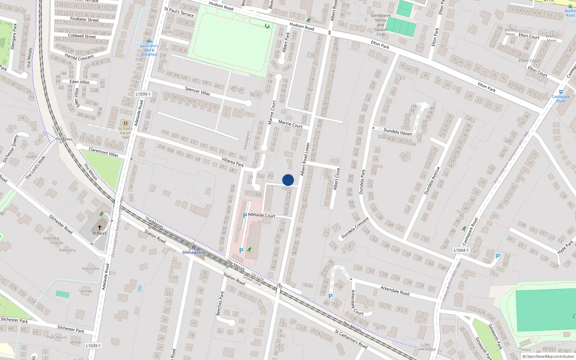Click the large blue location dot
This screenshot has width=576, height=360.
(288, 180)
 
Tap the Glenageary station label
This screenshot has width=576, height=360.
(193, 252)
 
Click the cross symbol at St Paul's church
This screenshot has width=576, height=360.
(100, 228)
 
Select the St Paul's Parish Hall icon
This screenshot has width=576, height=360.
(125, 123)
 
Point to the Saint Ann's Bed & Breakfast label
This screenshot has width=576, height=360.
(149, 50)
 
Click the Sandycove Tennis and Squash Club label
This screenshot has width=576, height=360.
(381, 25)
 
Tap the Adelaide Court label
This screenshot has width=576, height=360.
(262, 215)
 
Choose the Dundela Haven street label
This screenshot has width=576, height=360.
(397, 132)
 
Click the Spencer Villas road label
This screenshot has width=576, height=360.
(197, 91)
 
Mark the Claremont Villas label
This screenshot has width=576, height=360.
(103, 152)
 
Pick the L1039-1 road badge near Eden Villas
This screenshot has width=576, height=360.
(143, 94)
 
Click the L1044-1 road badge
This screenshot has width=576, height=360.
(461, 250)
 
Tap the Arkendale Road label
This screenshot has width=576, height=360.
(395, 291)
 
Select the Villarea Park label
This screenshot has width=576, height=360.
(233, 162)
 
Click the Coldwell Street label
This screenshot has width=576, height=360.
(82, 36)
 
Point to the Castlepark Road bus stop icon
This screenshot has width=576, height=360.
(561, 92)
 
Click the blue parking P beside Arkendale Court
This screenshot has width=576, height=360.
(330, 296)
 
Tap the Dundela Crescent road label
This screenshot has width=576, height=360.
(355, 228)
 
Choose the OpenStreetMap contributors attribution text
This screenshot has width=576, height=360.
(548, 357)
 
